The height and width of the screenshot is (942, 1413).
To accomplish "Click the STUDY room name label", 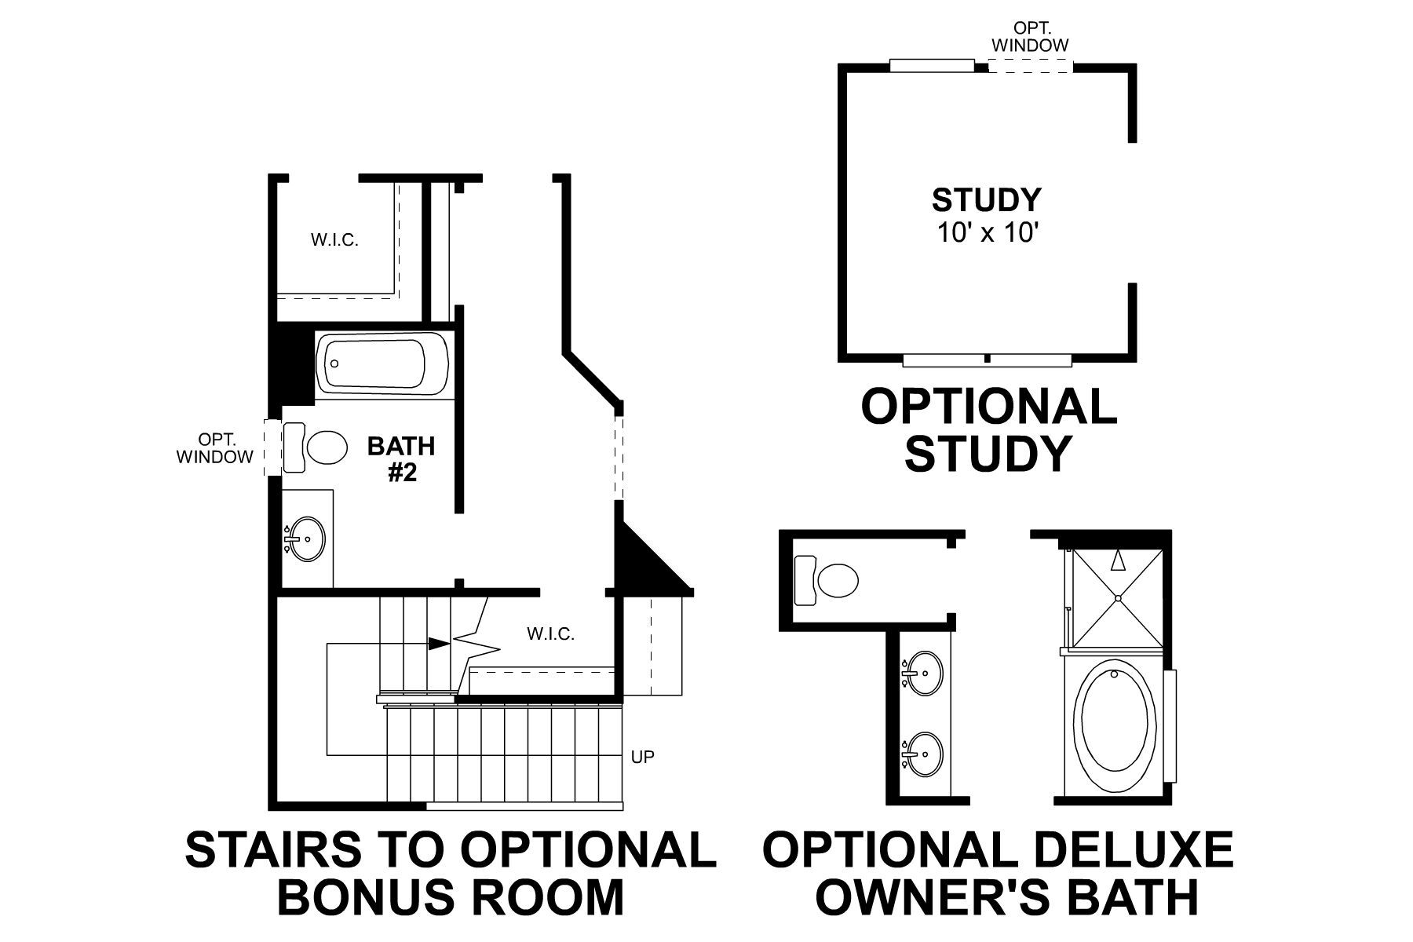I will pyautogui.click(x=986, y=200).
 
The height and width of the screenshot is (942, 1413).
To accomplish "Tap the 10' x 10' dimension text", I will pyautogui.click(x=988, y=233).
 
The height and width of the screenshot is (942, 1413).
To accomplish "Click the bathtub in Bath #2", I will pyautogui.click(x=382, y=365).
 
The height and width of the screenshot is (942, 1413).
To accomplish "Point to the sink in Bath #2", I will pyautogui.click(x=305, y=539).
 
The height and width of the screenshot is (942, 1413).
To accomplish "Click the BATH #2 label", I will pyautogui.click(x=401, y=459).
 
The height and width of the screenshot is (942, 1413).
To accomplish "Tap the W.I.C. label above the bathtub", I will pyautogui.click(x=334, y=240).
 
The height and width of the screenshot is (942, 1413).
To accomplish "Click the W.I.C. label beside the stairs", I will pyautogui.click(x=550, y=633).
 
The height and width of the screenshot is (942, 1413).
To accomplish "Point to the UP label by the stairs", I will pyautogui.click(x=642, y=757).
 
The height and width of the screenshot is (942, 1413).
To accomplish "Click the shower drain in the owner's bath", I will pyautogui.click(x=1117, y=598).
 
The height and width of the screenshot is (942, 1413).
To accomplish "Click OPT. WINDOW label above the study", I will pyautogui.click(x=1029, y=37).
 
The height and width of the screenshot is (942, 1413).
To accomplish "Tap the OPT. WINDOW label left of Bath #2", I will pyautogui.click(x=215, y=447).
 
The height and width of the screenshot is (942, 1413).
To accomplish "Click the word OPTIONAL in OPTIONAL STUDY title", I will pyautogui.click(x=988, y=407).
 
